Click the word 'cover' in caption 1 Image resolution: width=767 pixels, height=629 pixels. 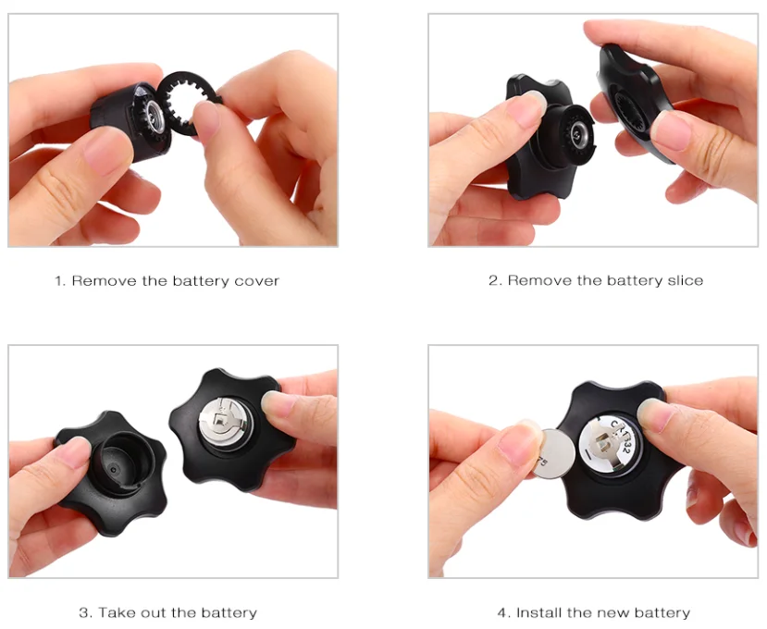click(x=257, y=280)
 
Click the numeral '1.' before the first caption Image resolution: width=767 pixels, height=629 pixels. click(x=59, y=280)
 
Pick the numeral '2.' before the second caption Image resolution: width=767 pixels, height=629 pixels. click(x=495, y=280)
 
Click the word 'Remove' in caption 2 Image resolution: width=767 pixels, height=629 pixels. click(x=540, y=280)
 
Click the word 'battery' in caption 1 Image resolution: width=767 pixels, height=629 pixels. click(x=204, y=280)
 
